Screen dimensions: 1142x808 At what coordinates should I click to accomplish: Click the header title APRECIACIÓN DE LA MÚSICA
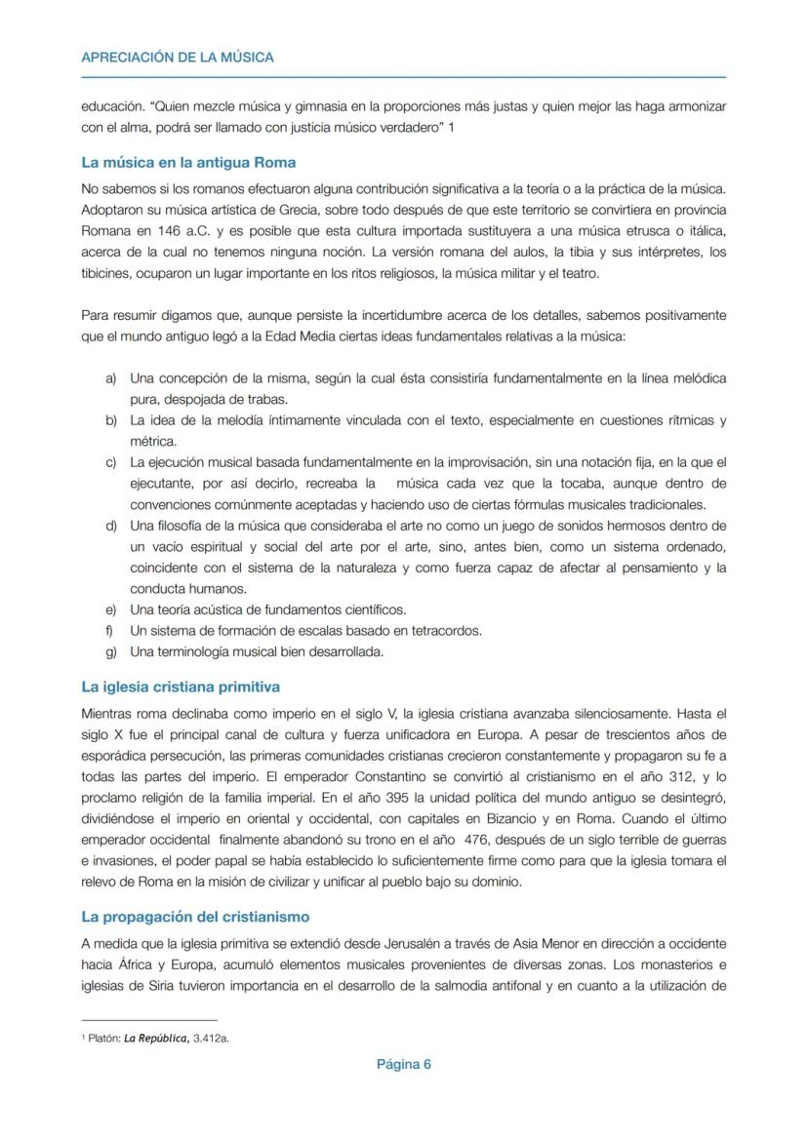click(178, 58)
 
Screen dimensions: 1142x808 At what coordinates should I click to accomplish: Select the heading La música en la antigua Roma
click(188, 162)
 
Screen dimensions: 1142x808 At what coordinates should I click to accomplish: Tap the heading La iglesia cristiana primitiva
click(181, 687)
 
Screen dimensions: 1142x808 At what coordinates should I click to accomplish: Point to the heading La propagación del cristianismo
click(195, 917)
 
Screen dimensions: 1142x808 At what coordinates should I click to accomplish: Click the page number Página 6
click(403, 1064)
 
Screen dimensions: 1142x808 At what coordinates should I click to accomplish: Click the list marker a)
click(111, 377)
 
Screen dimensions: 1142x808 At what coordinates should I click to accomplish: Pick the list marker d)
click(111, 526)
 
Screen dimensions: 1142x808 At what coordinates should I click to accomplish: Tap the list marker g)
click(111, 651)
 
